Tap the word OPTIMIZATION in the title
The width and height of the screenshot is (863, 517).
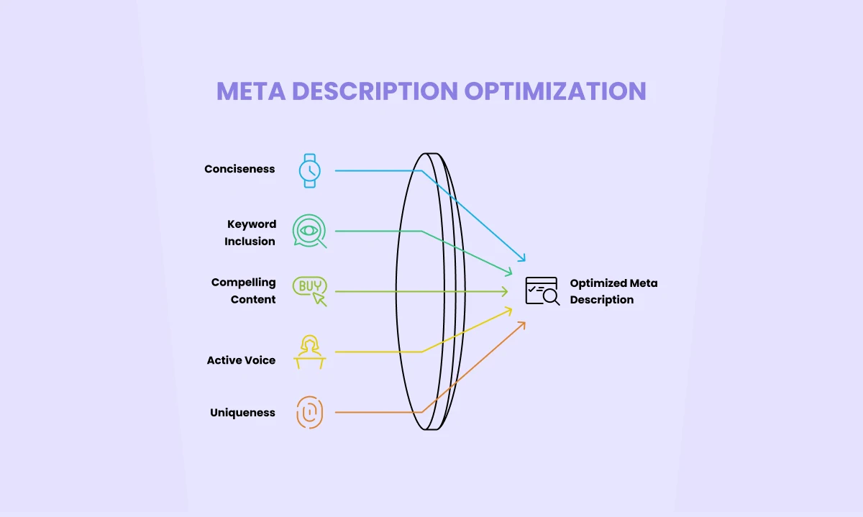click(554, 91)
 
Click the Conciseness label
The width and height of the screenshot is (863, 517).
click(239, 169)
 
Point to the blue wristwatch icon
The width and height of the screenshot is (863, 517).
click(310, 170)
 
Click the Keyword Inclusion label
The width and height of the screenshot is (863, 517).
click(250, 233)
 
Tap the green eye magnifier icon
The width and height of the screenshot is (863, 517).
click(309, 231)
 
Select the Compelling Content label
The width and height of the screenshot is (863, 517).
click(244, 290)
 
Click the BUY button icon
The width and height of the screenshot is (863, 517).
click(309, 290)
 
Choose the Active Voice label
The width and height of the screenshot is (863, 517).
click(241, 360)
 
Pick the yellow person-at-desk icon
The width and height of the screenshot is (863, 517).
click(310, 352)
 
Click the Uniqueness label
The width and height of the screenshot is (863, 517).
click(242, 413)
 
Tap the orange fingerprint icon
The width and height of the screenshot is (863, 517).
click(310, 413)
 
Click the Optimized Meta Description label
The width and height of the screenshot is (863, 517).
click(613, 291)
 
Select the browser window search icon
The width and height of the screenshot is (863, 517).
click(542, 290)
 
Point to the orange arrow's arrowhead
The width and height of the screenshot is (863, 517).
click(523, 324)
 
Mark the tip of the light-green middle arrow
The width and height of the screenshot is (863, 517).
click(506, 291)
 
